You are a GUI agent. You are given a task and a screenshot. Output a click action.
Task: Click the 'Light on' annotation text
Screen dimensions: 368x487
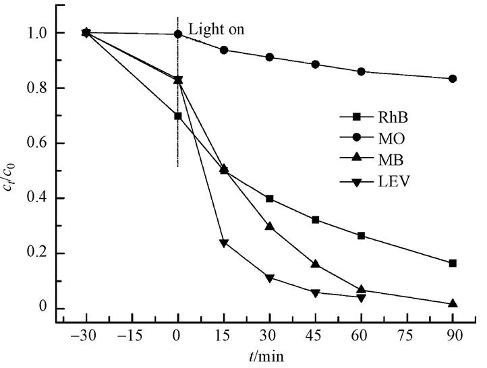216,30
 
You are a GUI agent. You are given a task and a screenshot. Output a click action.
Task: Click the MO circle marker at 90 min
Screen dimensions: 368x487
453,79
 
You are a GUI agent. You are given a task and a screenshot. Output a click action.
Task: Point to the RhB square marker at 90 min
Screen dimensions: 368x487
453,263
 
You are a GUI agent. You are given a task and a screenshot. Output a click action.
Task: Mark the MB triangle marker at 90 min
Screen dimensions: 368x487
453,304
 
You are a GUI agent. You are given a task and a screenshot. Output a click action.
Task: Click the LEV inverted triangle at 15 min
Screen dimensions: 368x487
224,243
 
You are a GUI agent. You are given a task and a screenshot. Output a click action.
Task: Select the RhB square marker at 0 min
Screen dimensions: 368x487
178,116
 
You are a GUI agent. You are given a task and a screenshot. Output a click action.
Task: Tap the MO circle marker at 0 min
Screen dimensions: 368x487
178,34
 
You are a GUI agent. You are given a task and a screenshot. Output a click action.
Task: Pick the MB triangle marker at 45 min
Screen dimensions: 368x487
315,264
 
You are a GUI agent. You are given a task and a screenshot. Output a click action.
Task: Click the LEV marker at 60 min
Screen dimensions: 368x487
362,298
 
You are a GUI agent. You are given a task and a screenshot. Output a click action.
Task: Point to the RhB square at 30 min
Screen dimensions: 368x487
270,199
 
